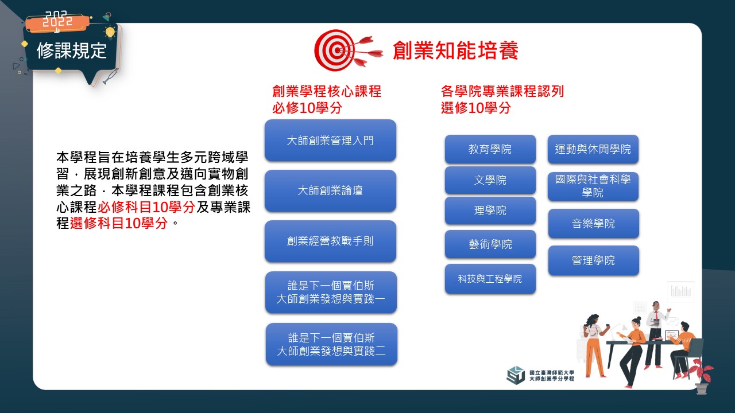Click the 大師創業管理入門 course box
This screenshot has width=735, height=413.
[x=330, y=141]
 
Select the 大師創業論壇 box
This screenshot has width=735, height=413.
[x=330, y=191]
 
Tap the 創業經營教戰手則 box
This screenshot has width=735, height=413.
[x=330, y=241]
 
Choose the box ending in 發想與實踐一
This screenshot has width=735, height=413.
[x=331, y=292]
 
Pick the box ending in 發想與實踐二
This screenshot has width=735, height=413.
[x=331, y=344]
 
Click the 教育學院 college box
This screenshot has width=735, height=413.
[x=490, y=149]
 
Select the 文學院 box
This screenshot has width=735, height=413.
[x=490, y=180]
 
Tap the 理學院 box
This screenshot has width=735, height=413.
[x=490, y=211]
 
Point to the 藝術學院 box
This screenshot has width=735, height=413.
[x=490, y=244]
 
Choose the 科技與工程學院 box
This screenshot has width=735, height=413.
[x=490, y=279]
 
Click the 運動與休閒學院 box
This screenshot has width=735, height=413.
[x=593, y=149]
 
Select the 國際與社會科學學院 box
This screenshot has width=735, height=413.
[x=593, y=186]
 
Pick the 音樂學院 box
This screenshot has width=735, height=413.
[x=594, y=224]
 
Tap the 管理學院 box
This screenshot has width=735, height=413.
[x=594, y=260]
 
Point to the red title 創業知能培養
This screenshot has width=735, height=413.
[x=455, y=50]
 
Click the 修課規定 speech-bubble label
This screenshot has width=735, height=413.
[x=72, y=51]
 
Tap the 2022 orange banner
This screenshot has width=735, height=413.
[x=58, y=22]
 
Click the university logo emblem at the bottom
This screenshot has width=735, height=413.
[x=516, y=375]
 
